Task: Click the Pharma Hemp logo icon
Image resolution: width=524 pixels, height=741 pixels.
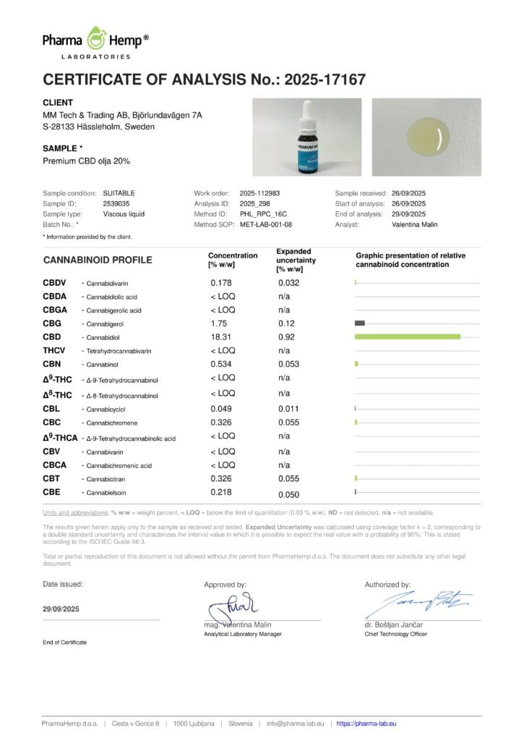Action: click(97, 38)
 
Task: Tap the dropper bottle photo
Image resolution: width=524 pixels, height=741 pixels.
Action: click(306, 137)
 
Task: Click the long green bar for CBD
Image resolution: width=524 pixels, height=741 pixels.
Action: click(408, 336)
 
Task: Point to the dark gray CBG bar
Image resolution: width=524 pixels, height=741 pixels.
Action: click(360, 323)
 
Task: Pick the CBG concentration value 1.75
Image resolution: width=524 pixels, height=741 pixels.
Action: click(219, 323)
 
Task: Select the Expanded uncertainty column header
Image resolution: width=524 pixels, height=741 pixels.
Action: click(296, 260)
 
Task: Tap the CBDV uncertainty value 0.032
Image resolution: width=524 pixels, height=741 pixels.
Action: click(288, 282)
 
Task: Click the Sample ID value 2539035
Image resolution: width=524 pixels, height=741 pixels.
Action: click(116, 204)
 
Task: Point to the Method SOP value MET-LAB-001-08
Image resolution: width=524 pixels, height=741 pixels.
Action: click(265, 224)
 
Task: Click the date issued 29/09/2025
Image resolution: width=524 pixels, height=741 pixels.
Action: click(61, 609)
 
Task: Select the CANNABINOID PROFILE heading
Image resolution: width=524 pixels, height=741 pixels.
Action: click(98, 260)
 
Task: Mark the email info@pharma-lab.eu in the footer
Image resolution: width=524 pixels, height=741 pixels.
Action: click(296, 723)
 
